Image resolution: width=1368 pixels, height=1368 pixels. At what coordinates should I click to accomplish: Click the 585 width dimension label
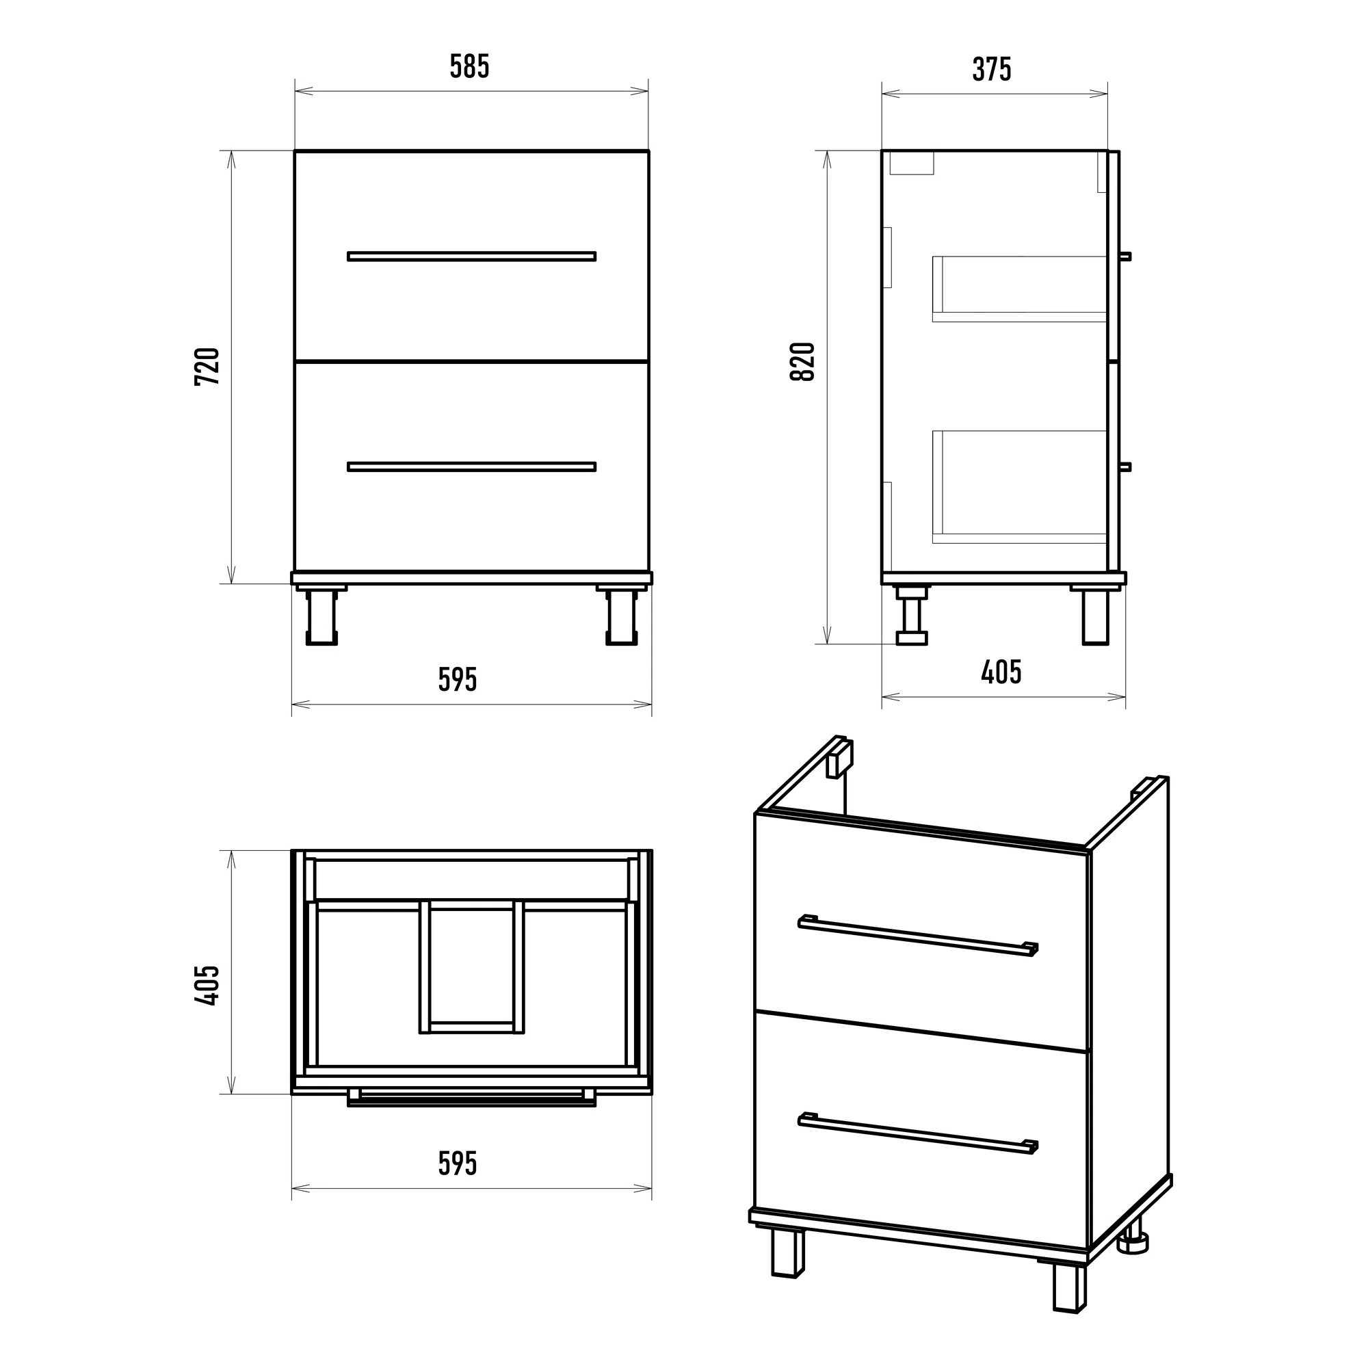[469, 66]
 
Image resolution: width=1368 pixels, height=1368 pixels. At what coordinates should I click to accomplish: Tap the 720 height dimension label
[207, 366]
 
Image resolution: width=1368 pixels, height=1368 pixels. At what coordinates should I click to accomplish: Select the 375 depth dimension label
[991, 69]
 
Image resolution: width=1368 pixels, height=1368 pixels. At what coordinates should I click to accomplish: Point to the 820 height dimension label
[803, 362]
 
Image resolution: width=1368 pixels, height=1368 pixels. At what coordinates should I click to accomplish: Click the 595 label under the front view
[458, 680]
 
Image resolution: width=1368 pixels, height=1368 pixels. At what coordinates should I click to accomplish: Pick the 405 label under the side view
[1001, 672]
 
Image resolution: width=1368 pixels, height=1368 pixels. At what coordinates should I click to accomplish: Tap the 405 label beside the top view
[207, 985]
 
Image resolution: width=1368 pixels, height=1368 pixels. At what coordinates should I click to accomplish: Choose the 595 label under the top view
[458, 1163]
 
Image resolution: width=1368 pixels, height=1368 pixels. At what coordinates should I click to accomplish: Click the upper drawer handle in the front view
[471, 256]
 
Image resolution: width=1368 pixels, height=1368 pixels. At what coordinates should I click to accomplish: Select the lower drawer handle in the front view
[471, 466]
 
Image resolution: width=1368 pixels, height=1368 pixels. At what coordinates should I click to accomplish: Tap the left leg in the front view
[321, 616]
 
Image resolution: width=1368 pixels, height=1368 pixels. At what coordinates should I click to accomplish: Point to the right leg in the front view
[622, 616]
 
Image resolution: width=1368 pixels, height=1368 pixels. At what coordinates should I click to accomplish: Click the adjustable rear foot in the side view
[911, 615]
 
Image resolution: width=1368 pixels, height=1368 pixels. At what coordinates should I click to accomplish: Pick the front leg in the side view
[1095, 615]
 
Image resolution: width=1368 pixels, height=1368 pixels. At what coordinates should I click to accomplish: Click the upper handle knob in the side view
[1126, 256]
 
